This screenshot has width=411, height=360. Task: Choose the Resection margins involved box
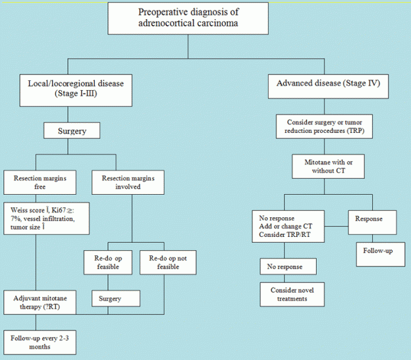115,182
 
